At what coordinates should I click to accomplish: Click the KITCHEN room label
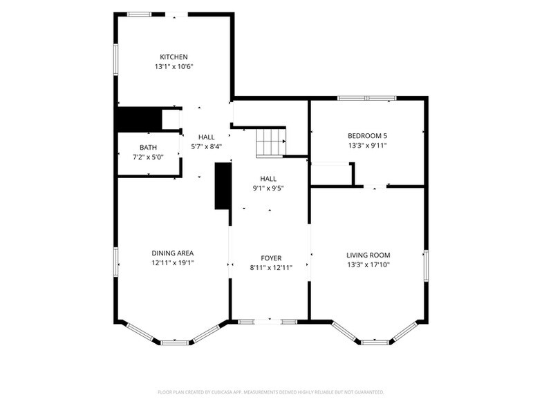[x=174, y=57]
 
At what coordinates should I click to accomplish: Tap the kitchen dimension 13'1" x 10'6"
[x=174, y=66]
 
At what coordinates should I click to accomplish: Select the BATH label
[x=148, y=148]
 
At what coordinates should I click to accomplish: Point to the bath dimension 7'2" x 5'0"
[x=148, y=157]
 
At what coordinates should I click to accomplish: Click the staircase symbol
[x=271, y=142]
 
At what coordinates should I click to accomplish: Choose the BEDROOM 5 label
[x=368, y=135]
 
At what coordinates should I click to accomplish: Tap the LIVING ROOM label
[x=368, y=255]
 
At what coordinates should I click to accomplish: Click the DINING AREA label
[x=173, y=253]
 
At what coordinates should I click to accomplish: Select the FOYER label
[x=271, y=258]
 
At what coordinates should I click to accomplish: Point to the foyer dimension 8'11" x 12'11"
[x=271, y=268]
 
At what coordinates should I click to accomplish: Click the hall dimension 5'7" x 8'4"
[x=206, y=146]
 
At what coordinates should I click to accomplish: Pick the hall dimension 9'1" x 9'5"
[x=268, y=188]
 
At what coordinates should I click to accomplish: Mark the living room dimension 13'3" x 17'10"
[x=368, y=265]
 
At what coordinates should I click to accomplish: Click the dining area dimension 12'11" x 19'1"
[x=173, y=262]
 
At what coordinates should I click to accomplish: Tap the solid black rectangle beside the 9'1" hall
[x=223, y=186]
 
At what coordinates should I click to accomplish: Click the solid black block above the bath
[x=140, y=119]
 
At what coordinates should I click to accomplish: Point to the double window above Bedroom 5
[x=366, y=98]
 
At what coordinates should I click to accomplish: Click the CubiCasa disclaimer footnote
[x=271, y=392]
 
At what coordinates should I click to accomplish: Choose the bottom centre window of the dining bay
[x=176, y=342]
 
